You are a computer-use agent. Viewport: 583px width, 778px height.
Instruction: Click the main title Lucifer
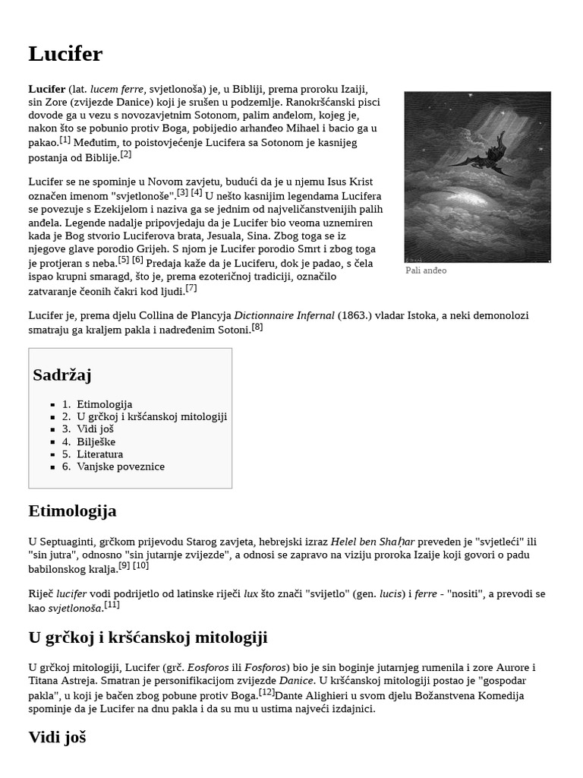[x=65, y=54]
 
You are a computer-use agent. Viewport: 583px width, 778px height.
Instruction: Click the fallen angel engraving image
[x=477, y=176]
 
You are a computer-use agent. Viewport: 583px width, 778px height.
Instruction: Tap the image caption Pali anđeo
[x=426, y=270]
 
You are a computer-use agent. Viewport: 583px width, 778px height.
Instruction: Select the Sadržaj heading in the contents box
[x=62, y=375]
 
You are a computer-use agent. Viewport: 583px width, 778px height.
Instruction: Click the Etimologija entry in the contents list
[x=104, y=404]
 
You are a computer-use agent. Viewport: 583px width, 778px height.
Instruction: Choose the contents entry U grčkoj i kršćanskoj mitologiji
[x=152, y=416]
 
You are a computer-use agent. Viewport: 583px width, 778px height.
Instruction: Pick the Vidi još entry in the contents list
[x=95, y=429]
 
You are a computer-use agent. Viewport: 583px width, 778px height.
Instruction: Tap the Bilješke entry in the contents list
[x=96, y=441]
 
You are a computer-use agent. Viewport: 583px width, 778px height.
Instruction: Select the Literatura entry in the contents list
[x=99, y=454]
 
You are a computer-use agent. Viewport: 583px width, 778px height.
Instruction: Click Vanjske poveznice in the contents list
[x=120, y=466]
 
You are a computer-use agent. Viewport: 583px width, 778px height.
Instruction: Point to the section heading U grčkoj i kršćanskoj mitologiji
[x=147, y=637]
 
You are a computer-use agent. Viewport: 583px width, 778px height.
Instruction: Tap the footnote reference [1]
[x=65, y=140]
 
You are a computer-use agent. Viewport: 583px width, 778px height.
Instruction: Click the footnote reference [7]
[x=191, y=288]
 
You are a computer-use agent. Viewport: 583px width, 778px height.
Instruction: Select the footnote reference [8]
[x=257, y=327]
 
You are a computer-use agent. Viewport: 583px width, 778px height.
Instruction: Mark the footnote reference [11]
[x=112, y=605]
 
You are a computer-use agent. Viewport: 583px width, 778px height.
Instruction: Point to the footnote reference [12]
[x=266, y=692]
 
